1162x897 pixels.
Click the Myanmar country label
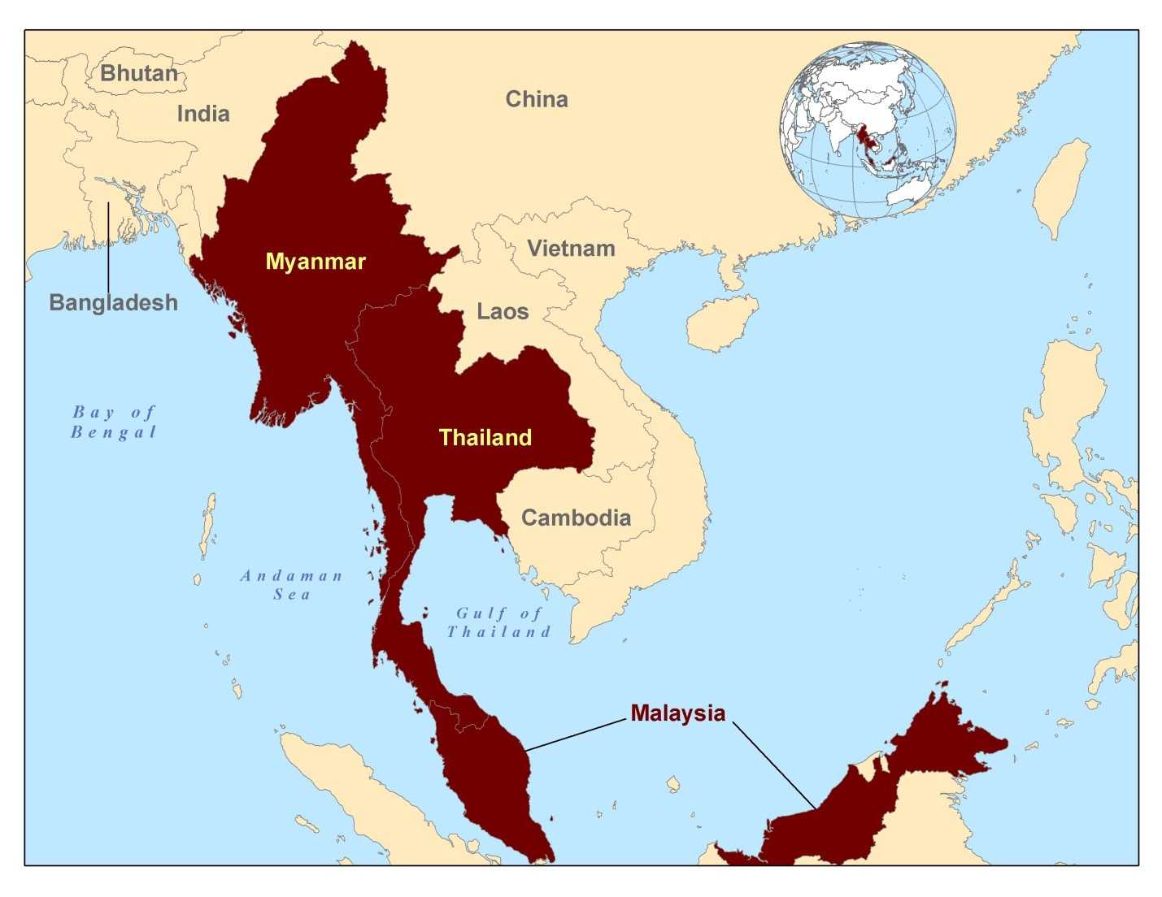click(x=316, y=262)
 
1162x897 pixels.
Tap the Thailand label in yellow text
click(x=485, y=438)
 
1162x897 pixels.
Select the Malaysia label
click(x=677, y=713)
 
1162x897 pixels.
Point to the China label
click(x=537, y=99)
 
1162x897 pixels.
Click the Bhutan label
click(x=139, y=73)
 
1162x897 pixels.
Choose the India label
click(x=203, y=114)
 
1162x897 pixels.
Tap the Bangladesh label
click(x=113, y=302)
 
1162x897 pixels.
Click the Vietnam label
click(x=571, y=249)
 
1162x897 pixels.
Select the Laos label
click(x=503, y=311)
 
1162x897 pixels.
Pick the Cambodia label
click(x=576, y=518)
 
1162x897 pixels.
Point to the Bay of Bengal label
click(x=114, y=422)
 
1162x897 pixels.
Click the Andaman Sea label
click(x=292, y=585)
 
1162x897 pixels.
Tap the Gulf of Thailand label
click(x=498, y=622)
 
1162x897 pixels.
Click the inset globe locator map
click(x=868, y=130)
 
